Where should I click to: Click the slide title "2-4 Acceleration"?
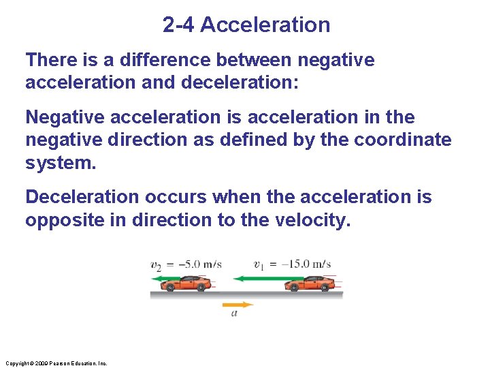tap(246, 25)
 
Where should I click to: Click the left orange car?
tap(187, 283)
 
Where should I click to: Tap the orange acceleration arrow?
tap(238, 305)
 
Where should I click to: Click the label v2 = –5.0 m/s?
tap(185, 264)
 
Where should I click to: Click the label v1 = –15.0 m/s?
tap(292, 264)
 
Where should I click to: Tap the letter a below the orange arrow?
tap(234, 314)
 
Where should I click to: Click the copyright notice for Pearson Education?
tap(55, 363)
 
